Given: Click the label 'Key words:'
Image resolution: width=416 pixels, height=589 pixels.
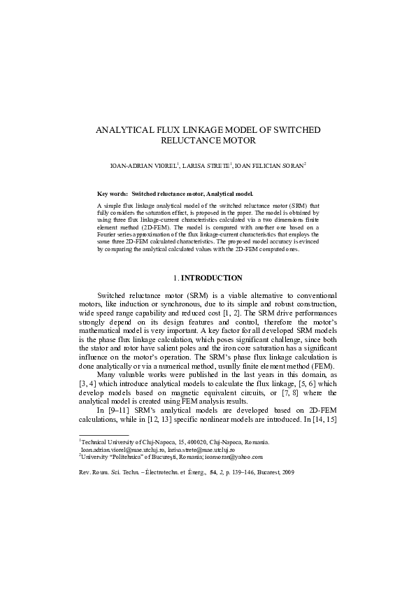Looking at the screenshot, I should click(x=112, y=193).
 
